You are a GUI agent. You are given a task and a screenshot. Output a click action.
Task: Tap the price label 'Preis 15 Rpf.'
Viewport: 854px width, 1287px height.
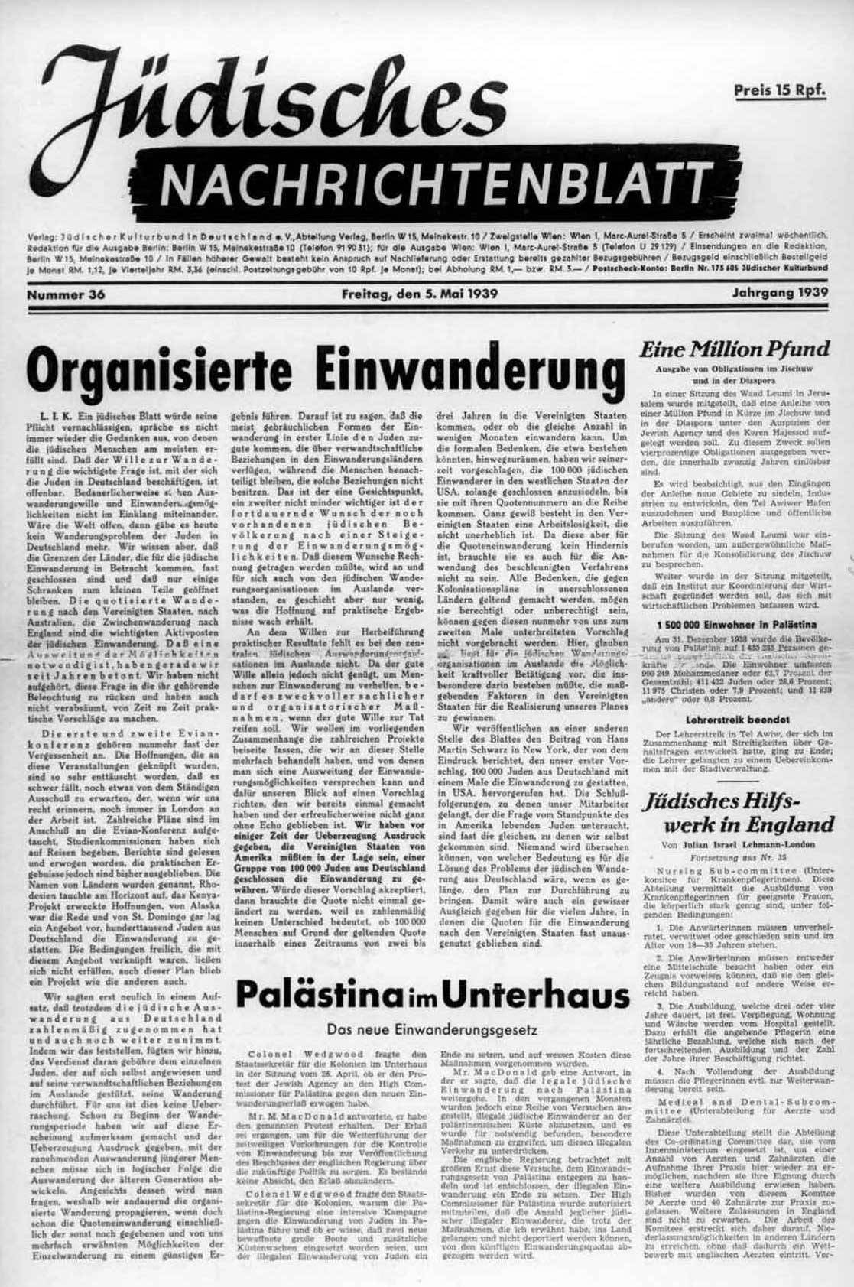[780, 91]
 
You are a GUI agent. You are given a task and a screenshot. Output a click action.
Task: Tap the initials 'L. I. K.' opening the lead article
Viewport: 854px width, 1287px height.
[53, 413]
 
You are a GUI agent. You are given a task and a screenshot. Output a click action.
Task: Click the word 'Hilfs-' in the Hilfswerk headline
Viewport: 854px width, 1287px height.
[800, 801]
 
